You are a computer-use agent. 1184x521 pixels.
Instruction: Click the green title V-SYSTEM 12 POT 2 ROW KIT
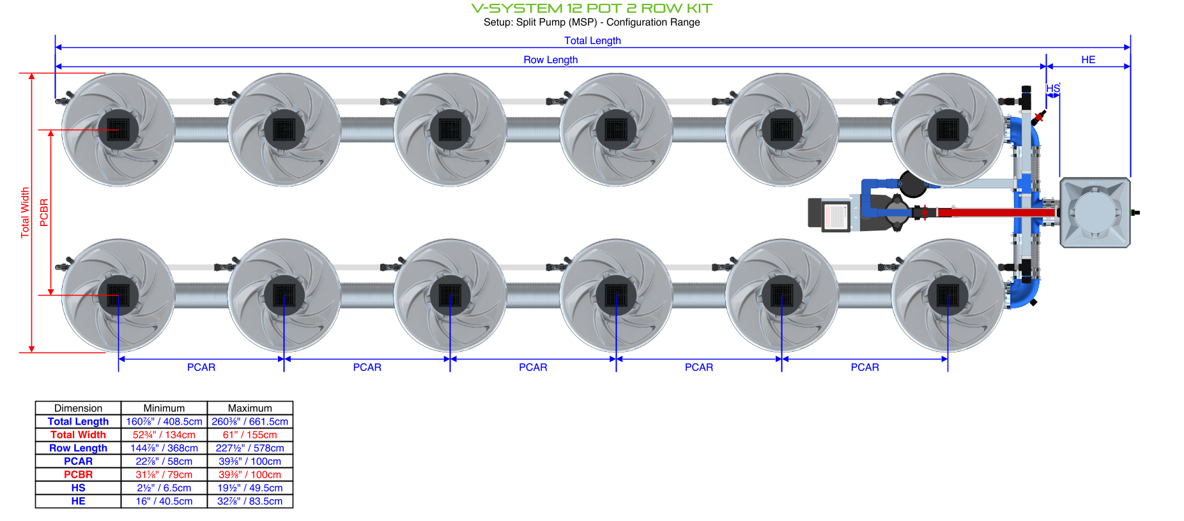(592, 8)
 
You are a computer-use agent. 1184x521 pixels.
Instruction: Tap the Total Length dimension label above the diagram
(592, 41)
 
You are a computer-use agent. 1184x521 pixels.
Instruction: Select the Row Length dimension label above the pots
(550, 60)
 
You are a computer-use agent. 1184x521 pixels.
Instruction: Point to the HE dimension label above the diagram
(1088, 59)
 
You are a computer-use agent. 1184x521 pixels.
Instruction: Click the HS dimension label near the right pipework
(1053, 88)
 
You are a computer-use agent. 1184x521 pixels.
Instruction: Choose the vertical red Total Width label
(25, 213)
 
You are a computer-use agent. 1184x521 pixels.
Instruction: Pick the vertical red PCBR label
(44, 213)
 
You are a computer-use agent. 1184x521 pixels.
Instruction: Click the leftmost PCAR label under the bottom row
(201, 367)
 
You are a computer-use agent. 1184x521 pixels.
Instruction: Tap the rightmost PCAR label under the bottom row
(865, 367)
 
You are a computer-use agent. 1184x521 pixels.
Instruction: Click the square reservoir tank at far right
(1095, 213)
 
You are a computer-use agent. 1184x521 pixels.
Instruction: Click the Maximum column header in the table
(250, 408)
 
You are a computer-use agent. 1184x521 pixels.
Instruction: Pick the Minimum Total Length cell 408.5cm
(164, 421)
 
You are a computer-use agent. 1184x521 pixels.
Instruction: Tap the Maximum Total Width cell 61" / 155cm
(250, 435)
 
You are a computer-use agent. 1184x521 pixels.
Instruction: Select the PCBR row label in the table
(78, 474)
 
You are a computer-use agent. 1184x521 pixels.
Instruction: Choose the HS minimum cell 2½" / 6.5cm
(164, 488)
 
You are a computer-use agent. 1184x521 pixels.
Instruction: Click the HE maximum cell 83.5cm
(250, 501)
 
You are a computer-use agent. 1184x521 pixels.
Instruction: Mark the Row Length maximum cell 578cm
(250, 448)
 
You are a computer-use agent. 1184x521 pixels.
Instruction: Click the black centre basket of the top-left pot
(118, 130)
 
